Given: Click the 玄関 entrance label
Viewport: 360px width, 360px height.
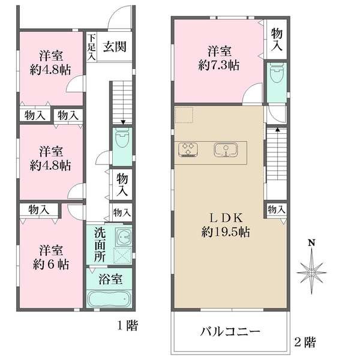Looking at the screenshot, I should [x=113, y=47].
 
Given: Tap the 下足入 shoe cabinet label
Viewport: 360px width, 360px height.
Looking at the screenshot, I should [x=91, y=47].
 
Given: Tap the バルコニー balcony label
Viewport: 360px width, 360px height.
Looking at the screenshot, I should [x=230, y=332].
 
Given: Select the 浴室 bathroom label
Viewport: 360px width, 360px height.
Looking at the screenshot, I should [x=112, y=279].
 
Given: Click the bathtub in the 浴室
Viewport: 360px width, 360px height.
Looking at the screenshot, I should [x=109, y=299].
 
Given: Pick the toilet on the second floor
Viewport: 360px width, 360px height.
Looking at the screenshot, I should [x=277, y=74].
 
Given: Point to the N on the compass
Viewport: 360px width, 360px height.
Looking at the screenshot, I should [x=311, y=243].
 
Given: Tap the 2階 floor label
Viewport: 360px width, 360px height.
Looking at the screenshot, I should [x=305, y=343].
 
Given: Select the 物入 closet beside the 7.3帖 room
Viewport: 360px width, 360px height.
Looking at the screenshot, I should [x=277, y=38].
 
